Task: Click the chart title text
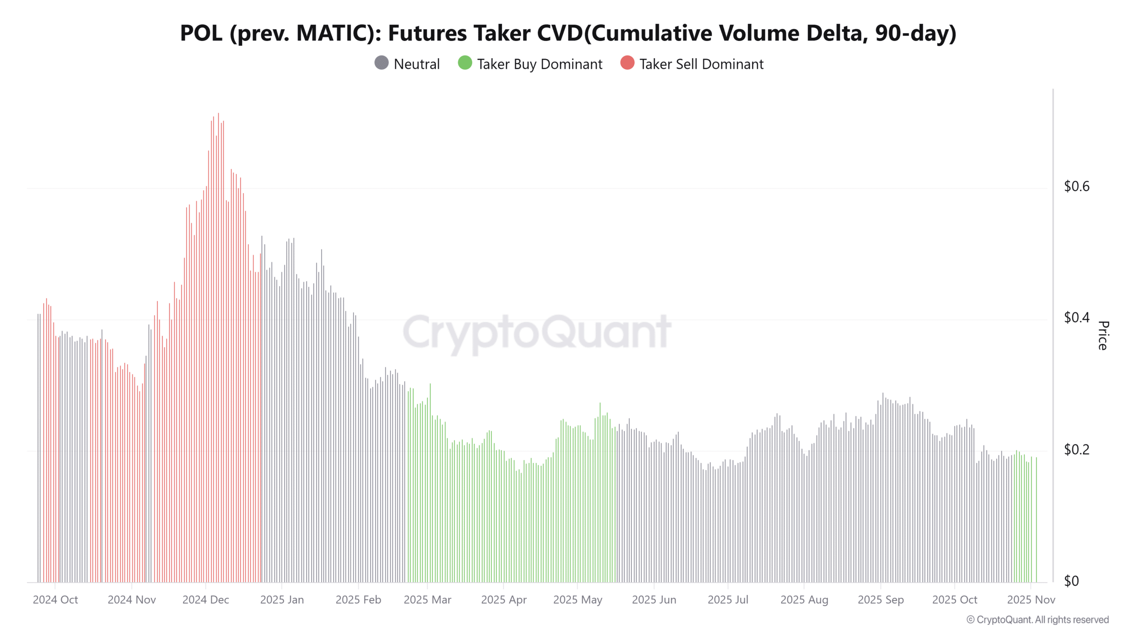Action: (x=568, y=33)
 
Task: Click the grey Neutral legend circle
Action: (x=382, y=63)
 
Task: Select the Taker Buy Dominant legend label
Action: (x=539, y=64)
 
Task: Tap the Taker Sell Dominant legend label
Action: (x=701, y=64)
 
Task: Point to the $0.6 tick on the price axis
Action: (x=1076, y=186)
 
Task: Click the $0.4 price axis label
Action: (x=1076, y=318)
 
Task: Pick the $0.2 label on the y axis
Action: (x=1076, y=450)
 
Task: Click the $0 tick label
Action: (x=1071, y=581)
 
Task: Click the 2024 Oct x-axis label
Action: (x=55, y=600)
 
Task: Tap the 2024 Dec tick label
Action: (x=206, y=600)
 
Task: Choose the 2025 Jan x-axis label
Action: (x=282, y=600)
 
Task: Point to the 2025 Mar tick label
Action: (x=427, y=600)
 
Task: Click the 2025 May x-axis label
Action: (x=577, y=600)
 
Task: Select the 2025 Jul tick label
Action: (x=728, y=600)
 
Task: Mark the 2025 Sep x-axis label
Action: (x=880, y=600)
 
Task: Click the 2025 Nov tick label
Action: (x=1030, y=600)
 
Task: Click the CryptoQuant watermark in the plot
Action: (x=537, y=332)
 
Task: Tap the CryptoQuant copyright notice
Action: (x=1038, y=619)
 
